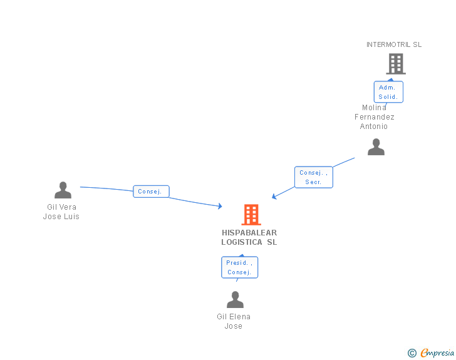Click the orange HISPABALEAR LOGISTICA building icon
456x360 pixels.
click(x=251, y=215)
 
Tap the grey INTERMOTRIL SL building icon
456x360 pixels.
click(x=395, y=64)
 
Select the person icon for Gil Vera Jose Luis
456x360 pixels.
click(x=63, y=190)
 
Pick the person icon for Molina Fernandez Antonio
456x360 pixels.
click(x=376, y=147)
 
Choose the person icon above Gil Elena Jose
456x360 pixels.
click(x=235, y=300)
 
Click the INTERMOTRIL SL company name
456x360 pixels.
click(x=394, y=44)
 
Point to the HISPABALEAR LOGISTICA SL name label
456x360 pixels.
click(x=249, y=237)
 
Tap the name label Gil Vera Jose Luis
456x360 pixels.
click(x=61, y=212)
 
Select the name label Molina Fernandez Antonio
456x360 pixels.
click(x=374, y=117)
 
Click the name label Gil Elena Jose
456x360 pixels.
click(x=234, y=321)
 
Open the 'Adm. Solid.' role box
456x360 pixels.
click(x=388, y=92)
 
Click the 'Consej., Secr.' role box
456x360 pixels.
click(x=313, y=177)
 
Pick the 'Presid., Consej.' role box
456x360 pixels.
click(x=239, y=267)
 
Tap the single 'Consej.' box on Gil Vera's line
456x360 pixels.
click(x=151, y=192)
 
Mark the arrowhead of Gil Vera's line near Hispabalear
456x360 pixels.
click(x=220, y=206)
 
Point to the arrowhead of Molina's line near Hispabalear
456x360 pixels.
click(x=274, y=197)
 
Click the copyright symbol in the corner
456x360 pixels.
click(x=412, y=353)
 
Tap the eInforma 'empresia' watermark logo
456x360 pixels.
click(x=437, y=352)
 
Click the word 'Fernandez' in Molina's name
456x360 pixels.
click(x=375, y=117)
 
